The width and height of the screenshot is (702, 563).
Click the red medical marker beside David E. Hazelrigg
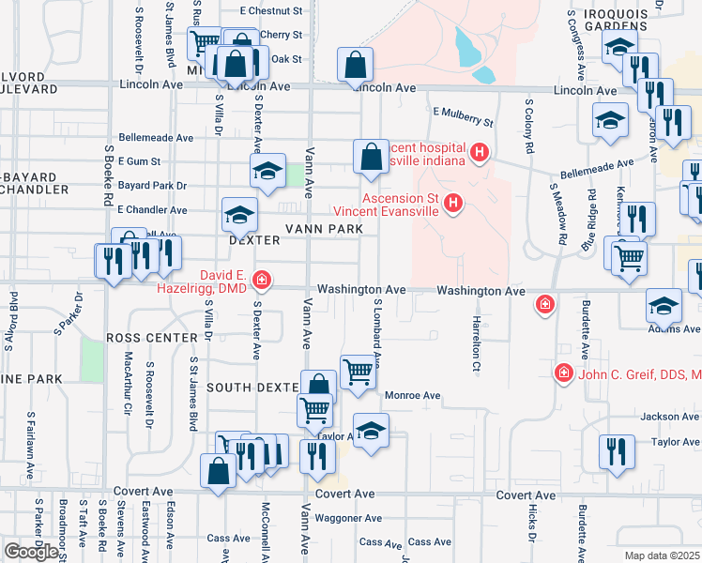click(x=262, y=279)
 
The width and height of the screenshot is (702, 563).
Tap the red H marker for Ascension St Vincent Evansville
click(x=452, y=203)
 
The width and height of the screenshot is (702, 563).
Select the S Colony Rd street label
click(x=529, y=128)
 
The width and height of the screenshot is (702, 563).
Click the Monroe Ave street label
click(x=412, y=396)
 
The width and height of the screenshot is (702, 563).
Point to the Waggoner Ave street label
click(x=348, y=518)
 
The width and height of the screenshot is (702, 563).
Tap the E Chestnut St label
click(x=271, y=11)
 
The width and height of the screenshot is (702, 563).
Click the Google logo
click(x=30, y=552)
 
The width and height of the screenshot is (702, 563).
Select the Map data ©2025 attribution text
click(x=663, y=555)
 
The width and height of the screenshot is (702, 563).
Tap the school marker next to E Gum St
click(x=267, y=171)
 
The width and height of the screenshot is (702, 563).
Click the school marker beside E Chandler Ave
click(x=239, y=215)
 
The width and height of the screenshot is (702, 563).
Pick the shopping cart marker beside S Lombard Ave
click(x=357, y=371)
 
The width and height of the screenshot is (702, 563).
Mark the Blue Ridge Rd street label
click(x=589, y=221)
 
